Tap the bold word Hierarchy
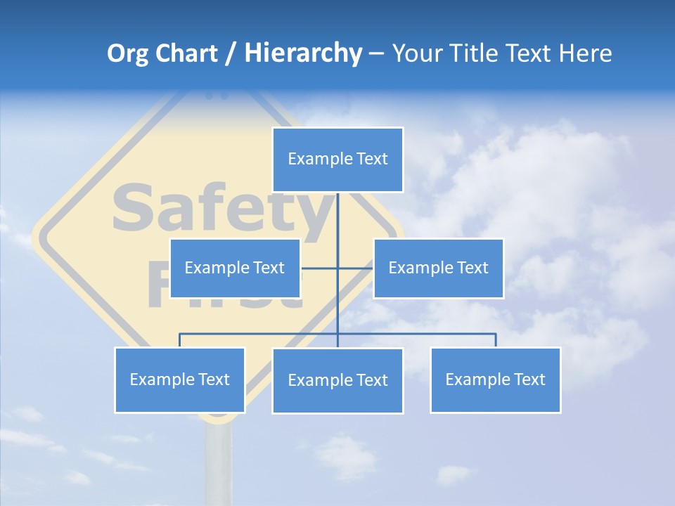(x=303, y=53)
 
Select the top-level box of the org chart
(x=337, y=160)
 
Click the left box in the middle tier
(x=235, y=268)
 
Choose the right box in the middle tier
(x=438, y=268)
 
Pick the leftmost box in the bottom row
(x=179, y=379)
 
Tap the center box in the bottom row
(x=337, y=380)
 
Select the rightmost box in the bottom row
(x=495, y=379)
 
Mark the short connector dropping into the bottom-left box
(x=179, y=340)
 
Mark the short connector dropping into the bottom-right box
(x=496, y=340)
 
